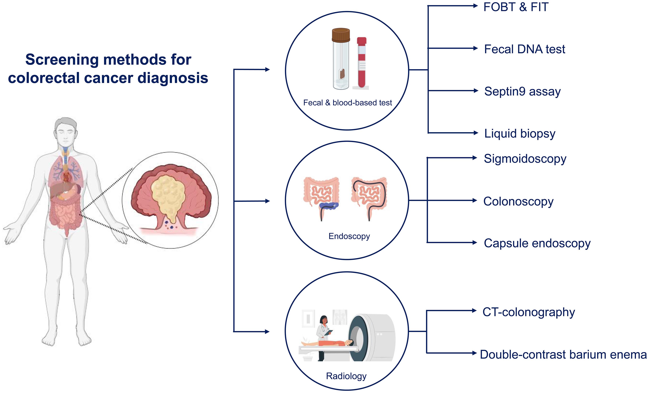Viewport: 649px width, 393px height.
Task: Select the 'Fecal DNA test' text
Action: (x=525, y=49)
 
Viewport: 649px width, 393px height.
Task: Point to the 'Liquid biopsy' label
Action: (x=520, y=134)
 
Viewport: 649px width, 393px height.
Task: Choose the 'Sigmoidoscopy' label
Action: (x=525, y=159)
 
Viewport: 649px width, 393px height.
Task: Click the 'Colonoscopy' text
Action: (x=518, y=202)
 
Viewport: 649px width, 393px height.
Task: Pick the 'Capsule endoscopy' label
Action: (x=537, y=244)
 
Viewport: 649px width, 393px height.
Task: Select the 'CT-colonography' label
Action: (x=529, y=312)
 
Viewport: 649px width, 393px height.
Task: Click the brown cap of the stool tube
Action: (x=341, y=35)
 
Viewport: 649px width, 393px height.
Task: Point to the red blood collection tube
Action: (x=362, y=62)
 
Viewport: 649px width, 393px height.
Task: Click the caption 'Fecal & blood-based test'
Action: (x=347, y=103)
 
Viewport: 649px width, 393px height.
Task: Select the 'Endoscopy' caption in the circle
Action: (x=349, y=236)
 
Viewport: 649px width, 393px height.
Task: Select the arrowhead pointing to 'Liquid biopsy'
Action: (x=476, y=133)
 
